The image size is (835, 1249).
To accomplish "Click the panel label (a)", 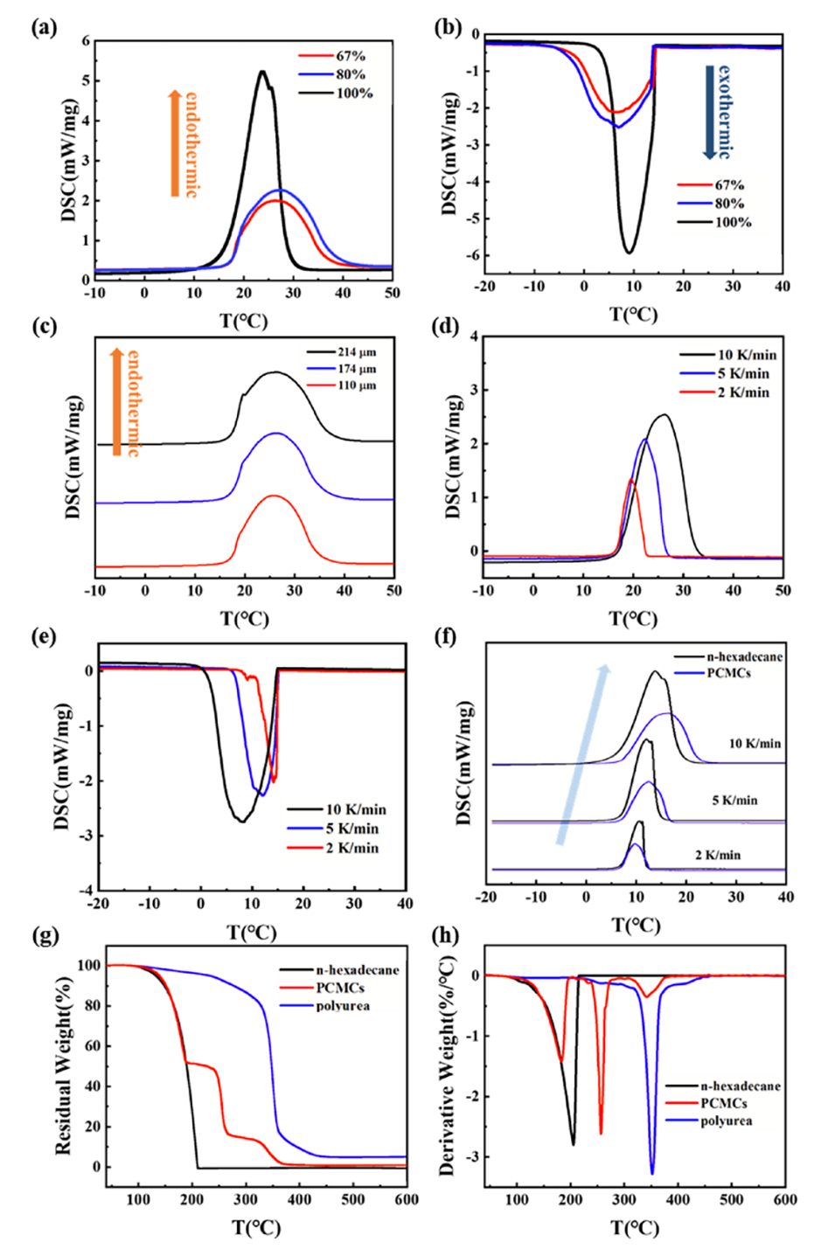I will tap(44, 28).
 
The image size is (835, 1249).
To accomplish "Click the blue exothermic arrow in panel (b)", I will tap(709, 112).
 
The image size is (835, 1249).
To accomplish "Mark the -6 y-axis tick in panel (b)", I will tap(475, 255).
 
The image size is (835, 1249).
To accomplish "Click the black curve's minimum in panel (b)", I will tap(629, 253).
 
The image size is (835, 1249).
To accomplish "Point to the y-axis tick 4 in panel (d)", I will tap(474, 337).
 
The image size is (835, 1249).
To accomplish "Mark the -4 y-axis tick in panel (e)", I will tap(87, 891).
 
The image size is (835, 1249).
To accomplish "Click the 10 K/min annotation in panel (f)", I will tap(755, 744).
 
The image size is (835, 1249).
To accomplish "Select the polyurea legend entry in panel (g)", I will tap(343, 1006).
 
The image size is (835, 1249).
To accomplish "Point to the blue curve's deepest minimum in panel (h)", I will tap(651, 1173).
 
